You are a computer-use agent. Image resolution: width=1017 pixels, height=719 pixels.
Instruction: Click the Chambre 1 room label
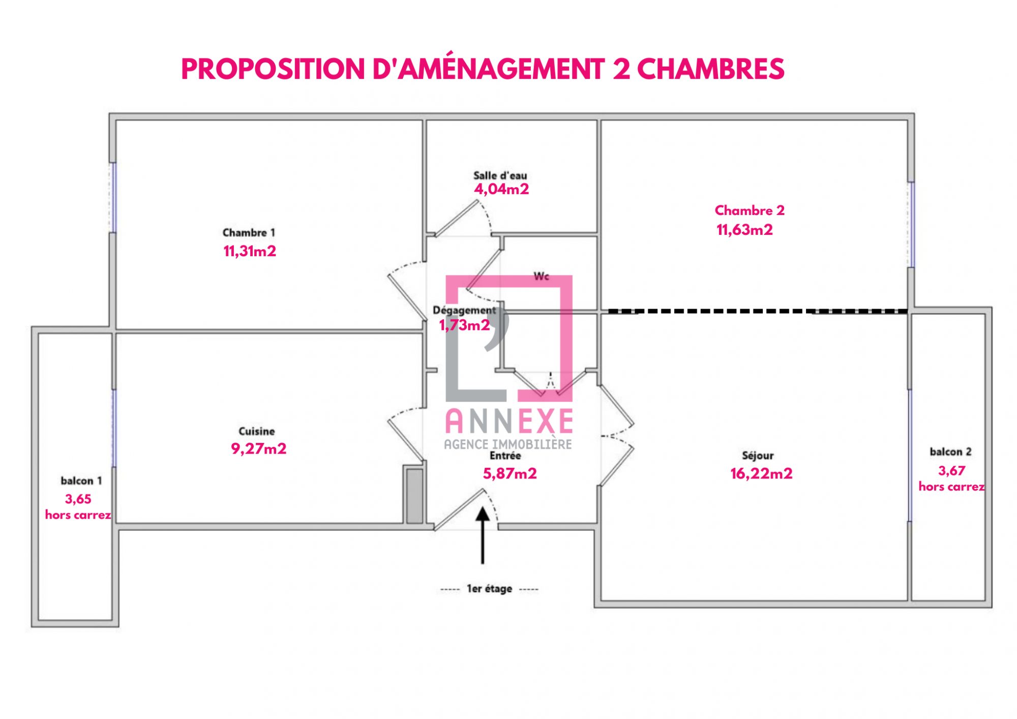(x=249, y=232)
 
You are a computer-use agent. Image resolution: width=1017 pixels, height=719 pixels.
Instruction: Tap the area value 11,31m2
(x=250, y=251)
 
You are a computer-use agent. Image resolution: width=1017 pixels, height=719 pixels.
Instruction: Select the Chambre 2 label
(x=750, y=210)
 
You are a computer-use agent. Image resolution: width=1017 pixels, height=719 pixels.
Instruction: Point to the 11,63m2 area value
(x=744, y=230)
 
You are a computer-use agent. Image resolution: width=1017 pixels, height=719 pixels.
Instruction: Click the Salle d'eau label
(x=500, y=175)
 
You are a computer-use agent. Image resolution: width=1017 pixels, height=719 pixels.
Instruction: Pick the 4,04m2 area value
(x=501, y=189)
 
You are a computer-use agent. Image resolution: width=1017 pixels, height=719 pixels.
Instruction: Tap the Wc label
(x=542, y=276)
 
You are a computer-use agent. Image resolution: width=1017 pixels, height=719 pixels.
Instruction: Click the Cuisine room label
(x=257, y=431)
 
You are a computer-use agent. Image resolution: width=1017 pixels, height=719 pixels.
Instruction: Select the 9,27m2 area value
(x=259, y=448)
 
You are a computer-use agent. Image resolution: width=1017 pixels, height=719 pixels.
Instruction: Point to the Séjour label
(x=758, y=456)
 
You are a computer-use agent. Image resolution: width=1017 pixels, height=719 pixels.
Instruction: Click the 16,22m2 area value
(x=761, y=473)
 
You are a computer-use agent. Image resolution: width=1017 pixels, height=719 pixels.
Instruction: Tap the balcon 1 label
(x=81, y=481)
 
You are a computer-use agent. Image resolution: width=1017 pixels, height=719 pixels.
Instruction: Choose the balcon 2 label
(x=950, y=452)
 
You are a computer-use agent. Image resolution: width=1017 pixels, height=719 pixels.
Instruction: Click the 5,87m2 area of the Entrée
(x=510, y=473)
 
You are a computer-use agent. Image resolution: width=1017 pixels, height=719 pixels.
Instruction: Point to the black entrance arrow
(x=483, y=535)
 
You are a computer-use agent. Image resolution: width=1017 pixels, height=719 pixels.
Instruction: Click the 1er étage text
(x=489, y=589)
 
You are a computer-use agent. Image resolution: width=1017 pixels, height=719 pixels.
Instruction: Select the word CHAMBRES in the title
(x=711, y=69)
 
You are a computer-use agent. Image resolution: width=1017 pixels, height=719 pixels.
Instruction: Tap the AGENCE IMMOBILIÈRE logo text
(x=508, y=444)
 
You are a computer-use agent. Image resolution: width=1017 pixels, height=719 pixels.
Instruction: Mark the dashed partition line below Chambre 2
(x=758, y=311)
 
